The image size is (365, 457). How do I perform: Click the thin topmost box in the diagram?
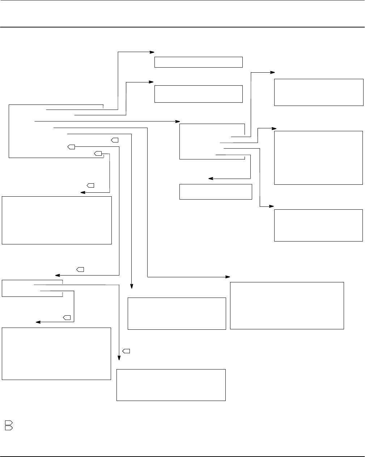(198, 62)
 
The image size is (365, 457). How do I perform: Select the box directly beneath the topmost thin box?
(198, 94)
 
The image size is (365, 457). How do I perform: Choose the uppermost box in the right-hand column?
(318, 92)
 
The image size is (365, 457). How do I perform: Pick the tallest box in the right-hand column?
(318, 158)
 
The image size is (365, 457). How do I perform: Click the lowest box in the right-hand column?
(318, 225)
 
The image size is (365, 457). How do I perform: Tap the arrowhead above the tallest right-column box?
(274, 128)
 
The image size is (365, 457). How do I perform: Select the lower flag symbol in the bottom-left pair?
(9, 428)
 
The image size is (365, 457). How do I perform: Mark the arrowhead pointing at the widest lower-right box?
(228, 277)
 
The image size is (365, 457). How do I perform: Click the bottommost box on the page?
(171, 385)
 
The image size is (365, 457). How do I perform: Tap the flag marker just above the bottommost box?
(126, 351)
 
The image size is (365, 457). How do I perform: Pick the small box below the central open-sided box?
(216, 192)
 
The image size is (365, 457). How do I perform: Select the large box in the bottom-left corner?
(56, 354)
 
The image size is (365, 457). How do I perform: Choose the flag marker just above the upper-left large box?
(90, 185)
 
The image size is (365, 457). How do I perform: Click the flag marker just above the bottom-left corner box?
(67, 317)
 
